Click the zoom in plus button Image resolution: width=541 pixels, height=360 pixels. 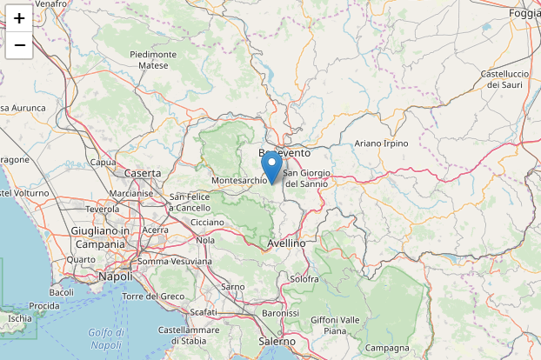[19, 17]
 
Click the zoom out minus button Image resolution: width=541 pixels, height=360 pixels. [19, 44]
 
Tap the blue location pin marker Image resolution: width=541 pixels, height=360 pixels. [271, 166]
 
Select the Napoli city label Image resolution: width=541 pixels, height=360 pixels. [115, 276]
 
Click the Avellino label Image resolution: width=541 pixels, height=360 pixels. [287, 243]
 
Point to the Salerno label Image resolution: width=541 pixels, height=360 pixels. [277, 342]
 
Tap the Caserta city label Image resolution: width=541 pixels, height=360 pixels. [143, 174]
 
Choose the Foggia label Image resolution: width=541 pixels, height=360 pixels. [524, 14]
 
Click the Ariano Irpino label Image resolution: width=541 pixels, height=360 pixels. [381, 143]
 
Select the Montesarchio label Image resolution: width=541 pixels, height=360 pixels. [239, 181]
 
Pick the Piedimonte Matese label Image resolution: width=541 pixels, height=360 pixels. [153, 59]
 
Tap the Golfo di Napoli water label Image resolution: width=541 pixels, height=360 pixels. [106, 339]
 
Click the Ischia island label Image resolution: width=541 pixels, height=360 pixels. [19, 318]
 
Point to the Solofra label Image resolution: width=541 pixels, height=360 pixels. [304, 279]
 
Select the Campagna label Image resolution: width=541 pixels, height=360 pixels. [387, 349]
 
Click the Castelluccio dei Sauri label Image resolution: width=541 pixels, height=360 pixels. [504, 79]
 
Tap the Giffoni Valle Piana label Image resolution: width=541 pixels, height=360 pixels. [335, 325]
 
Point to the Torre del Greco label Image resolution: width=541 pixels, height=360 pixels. [154, 297]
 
